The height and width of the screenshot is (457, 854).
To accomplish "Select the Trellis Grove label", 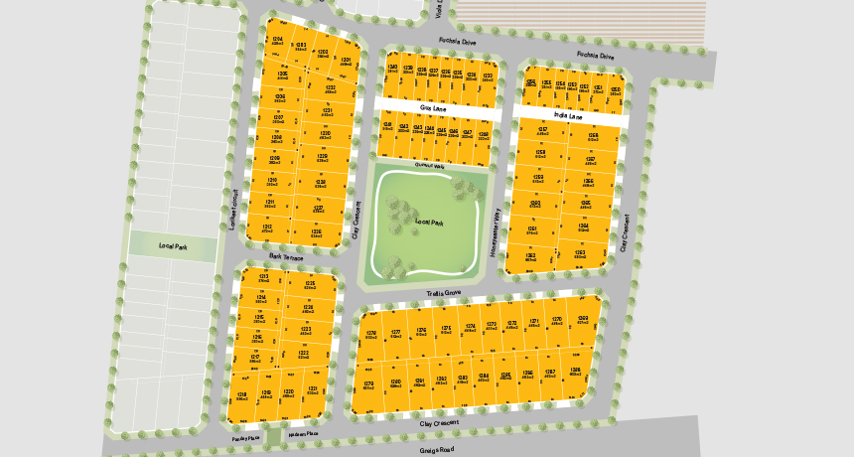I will click(444, 293).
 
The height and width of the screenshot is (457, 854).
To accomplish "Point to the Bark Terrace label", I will click(285, 256).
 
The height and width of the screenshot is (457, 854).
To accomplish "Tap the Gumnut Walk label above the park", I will click(430, 166).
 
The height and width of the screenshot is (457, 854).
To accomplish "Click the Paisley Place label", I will click(245, 437).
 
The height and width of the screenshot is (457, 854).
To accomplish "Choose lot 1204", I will click(279, 42).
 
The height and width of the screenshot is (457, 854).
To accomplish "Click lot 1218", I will click(241, 395).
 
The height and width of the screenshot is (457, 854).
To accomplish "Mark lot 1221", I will click(313, 390).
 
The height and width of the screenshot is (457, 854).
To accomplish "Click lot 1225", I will click(310, 286).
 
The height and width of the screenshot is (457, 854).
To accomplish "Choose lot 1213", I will click(263, 278).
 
